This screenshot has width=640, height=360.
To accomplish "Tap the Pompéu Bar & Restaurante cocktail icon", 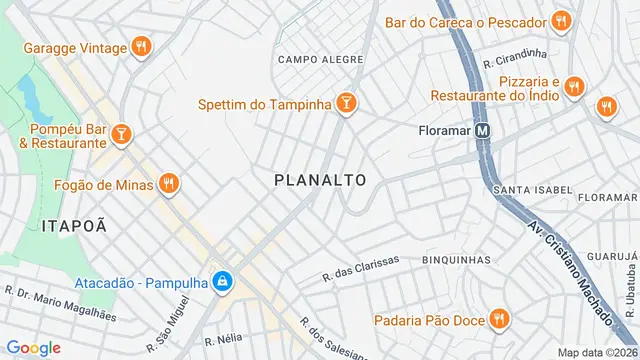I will tap(120, 133).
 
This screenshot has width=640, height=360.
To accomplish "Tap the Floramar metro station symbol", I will tap(483, 130).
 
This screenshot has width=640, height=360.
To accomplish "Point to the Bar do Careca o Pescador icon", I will tap(561, 21).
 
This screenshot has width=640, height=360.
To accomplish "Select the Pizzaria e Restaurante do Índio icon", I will tap(573, 88).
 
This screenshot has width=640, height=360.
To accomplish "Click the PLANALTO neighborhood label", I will tap(320, 180).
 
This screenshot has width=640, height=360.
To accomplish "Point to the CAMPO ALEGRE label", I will tap(320, 59).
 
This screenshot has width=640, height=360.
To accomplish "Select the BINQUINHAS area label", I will tap(456, 259).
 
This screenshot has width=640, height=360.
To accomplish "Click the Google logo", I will tap(34, 347).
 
